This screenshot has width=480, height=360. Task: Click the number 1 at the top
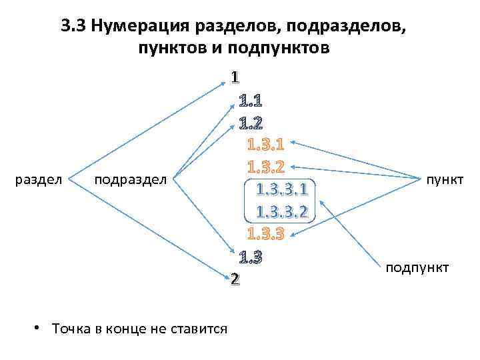point(235,78)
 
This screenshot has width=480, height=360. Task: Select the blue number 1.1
point(251,101)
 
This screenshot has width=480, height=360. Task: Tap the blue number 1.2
point(251,123)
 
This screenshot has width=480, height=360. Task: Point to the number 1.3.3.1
point(282,191)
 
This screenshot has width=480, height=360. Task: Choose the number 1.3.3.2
point(282,213)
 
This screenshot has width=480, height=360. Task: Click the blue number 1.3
point(251,257)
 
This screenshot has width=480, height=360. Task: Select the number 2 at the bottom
point(235,279)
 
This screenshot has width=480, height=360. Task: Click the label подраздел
point(132,179)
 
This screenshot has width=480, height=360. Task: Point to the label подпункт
point(417,267)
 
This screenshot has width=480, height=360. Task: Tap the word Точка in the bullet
point(69,329)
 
